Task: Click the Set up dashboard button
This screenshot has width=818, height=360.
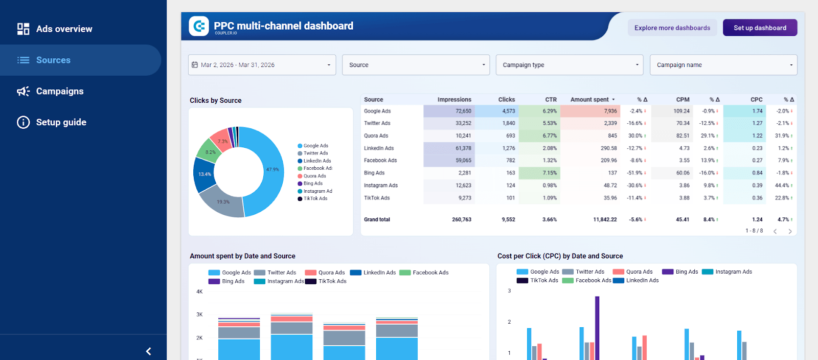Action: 760,28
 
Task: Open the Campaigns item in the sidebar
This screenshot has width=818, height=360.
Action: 59,91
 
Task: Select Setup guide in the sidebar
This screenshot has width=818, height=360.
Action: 61,122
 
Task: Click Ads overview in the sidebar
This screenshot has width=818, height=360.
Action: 64,29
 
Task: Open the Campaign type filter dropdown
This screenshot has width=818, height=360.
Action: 569,65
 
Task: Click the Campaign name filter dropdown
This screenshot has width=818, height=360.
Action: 723,65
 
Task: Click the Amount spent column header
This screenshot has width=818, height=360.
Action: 589,100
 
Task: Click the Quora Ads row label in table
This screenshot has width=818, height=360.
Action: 376,136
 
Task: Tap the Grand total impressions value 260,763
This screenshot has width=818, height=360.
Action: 461,219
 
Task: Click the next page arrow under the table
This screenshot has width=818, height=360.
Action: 790,232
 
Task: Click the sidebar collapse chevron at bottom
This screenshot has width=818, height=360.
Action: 148,351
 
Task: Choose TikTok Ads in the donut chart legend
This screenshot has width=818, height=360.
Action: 315,198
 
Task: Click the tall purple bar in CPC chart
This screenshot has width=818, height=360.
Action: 597,327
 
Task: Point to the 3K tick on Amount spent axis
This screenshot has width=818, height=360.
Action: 199,314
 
